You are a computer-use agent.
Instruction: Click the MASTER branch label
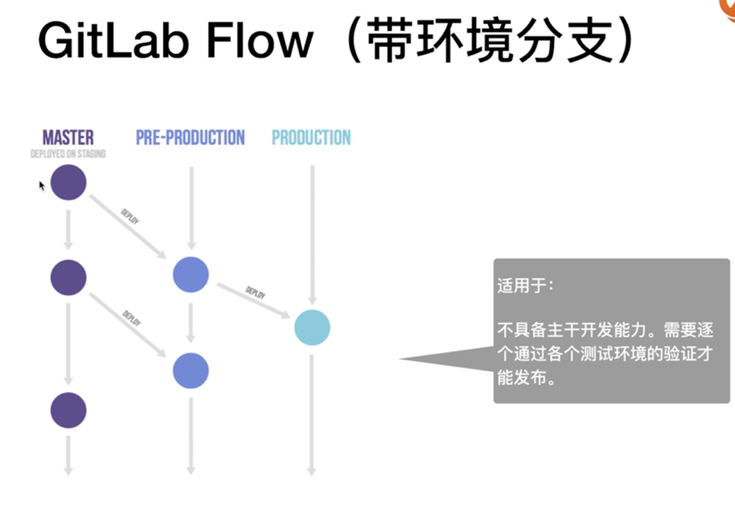point(68,138)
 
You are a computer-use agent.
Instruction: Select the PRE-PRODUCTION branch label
point(190,138)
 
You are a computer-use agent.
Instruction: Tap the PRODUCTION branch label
point(311,138)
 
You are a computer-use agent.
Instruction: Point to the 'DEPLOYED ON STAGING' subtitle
point(68,155)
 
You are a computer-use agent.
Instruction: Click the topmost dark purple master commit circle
point(69,182)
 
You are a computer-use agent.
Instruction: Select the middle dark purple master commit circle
point(69,277)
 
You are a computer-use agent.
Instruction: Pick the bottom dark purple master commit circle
point(69,411)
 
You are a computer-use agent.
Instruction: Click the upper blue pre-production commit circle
point(191,274)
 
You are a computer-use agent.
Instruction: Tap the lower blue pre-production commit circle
point(191,371)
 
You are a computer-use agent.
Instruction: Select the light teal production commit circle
point(313,327)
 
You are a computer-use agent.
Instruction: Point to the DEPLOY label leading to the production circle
point(256,292)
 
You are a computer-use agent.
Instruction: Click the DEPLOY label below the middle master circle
point(132,318)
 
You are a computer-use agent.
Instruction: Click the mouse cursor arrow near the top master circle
point(41,186)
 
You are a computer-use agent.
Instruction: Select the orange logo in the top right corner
point(728,8)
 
